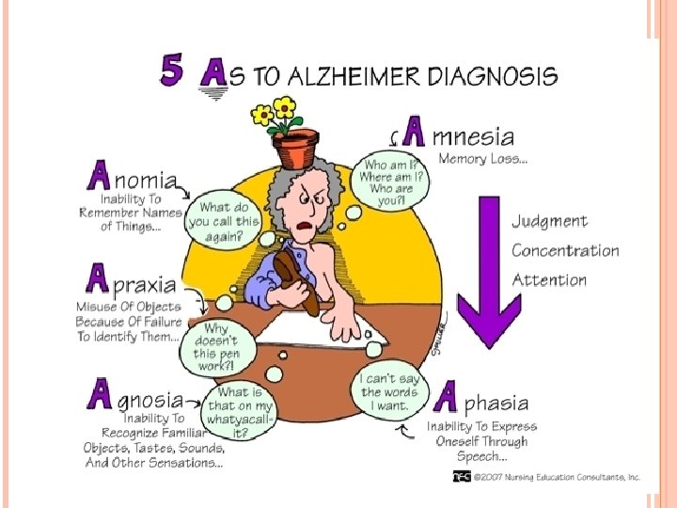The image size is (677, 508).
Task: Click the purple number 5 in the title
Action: click(174, 71)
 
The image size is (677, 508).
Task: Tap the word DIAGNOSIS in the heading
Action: click(493, 74)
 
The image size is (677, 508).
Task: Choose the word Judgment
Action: click(550, 222)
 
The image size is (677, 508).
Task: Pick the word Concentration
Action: click(565, 251)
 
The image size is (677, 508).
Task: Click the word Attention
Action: click(549, 279)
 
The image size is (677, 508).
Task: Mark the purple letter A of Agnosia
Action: click(99, 393)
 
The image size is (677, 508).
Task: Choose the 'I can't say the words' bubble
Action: click(385, 392)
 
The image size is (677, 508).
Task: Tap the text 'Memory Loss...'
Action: click(483, 159)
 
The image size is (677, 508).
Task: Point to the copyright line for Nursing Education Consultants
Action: click(547, 477)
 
